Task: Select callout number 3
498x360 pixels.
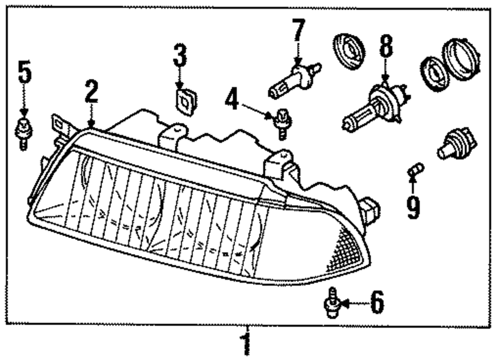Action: click(x=180, y=56)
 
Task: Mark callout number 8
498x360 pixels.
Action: click(x=385, y=47)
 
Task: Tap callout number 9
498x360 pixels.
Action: click(x=413, y=207)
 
